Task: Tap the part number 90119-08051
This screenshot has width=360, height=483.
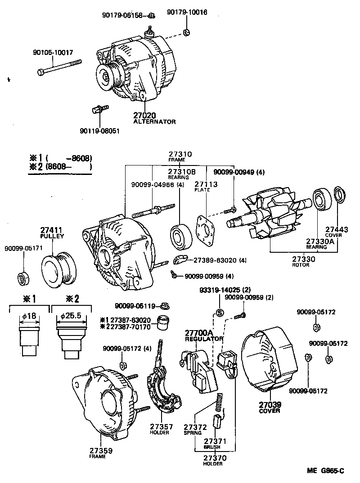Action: coord(100,131)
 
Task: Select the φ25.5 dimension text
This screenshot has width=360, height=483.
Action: coord(70,316)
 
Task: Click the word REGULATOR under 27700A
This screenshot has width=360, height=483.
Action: coord(204,339)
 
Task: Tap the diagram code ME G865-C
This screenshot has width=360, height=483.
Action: coord(325,471)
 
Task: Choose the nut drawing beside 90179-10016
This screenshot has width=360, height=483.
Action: coord(186,32)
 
